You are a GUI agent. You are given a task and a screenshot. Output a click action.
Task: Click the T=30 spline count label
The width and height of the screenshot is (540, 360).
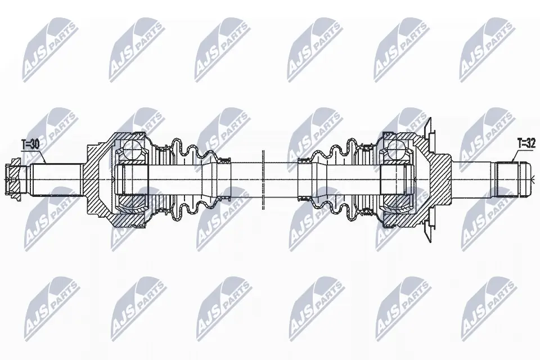31,145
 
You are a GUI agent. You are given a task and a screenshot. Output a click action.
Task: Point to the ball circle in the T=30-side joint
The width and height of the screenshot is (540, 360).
130,151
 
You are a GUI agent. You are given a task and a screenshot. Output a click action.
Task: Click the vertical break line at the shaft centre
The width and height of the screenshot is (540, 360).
263,179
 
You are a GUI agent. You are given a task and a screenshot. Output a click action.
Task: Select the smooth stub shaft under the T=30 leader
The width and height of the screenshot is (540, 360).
53,178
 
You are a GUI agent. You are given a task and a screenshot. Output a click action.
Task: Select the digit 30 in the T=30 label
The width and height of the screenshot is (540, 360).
35,145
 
